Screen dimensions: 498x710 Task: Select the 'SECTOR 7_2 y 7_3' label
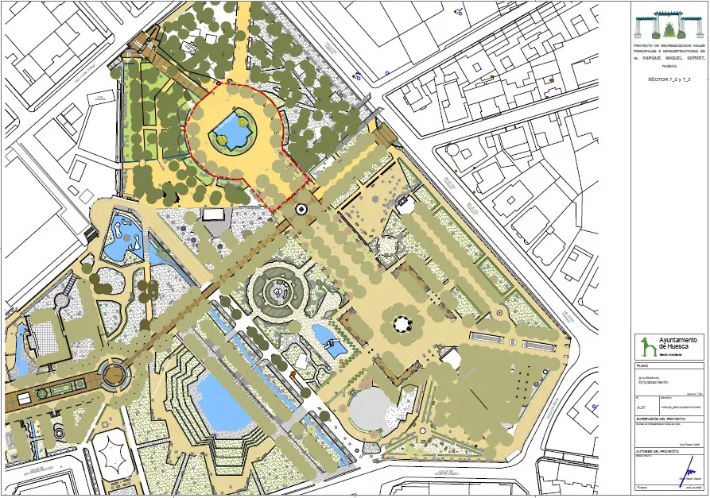point(668,80)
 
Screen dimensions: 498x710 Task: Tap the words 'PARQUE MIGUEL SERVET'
point(667,58)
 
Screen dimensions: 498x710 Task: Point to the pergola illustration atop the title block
point(667,25)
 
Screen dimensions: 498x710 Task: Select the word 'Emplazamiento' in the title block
point(655,383)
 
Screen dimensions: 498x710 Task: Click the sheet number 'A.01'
point(641,406)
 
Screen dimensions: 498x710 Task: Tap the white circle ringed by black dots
point(401,324)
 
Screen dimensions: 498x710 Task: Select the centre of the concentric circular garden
point(278,291)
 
